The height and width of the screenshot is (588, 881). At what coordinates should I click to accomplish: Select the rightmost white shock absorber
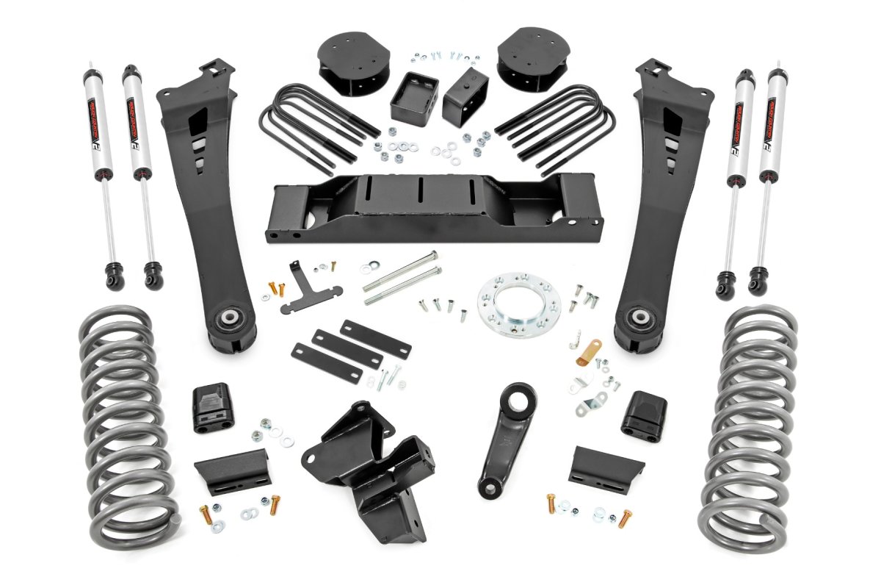click(772, 147)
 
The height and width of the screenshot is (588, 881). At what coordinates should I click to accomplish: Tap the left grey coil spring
click(125, 426)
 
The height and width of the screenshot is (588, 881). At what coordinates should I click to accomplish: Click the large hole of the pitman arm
click(521, 401)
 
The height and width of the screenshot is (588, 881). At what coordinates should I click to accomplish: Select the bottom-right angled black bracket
click(606, 467)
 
